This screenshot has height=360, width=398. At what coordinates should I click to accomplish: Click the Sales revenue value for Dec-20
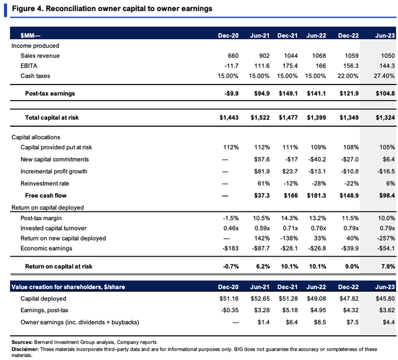tap(233, 55)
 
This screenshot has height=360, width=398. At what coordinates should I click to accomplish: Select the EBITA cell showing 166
tap(321, 66)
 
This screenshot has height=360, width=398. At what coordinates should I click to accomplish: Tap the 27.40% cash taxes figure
tap(384, 76)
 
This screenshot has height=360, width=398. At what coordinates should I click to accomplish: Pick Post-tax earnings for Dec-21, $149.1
tap(288, 93)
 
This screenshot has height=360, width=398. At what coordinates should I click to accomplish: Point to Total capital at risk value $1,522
tap(260, 118)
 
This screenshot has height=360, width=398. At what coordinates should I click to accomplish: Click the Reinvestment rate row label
tap(45, 183)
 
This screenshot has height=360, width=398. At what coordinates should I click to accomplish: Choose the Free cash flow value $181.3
tap(317, 195)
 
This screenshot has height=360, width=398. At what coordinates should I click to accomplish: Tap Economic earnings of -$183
tap(231, 248)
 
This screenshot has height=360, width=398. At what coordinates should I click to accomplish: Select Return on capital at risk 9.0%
tap(352, 266)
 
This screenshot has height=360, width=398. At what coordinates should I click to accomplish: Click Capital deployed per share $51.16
tap(229, 298)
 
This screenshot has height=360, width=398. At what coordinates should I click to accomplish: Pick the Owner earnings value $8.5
tap(320, 322)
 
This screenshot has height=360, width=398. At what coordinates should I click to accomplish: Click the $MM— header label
tap(30, 35)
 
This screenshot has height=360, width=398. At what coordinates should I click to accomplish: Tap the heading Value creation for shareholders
tap(68, 287)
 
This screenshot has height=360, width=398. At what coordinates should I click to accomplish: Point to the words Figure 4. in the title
tap(28, 9)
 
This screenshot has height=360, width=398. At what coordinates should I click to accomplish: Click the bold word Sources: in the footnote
tap(22, 342)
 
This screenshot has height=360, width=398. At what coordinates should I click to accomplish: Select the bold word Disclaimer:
tap(25, 349)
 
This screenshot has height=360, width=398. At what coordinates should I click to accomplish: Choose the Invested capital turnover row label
tap(53, 228)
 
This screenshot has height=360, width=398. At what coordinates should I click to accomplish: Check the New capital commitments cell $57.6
tap(262, 159)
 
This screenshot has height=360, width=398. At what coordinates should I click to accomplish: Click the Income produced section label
tap(35, 45)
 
